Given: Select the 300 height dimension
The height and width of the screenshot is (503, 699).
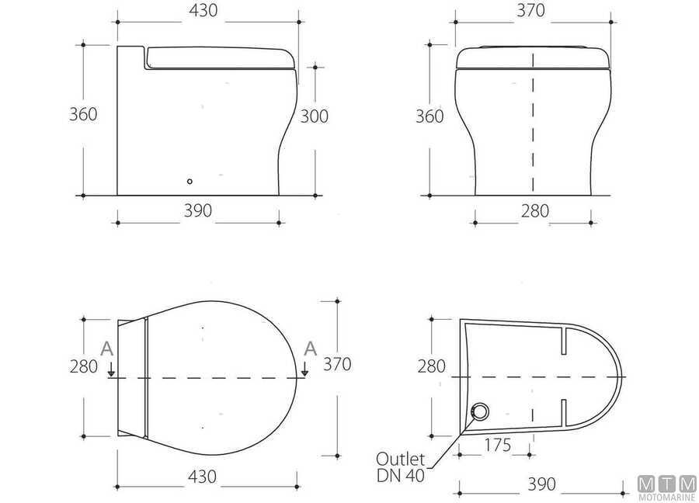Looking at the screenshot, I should [314, 116].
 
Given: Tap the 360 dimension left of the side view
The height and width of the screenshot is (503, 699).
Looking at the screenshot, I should [83, 114].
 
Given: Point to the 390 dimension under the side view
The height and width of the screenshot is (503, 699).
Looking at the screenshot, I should [196, 210].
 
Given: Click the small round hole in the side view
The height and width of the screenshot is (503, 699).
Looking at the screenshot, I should [190, 182].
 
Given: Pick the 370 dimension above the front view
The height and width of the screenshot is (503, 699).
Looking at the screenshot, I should [530, 11].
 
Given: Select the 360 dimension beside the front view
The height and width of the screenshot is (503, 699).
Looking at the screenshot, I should [429, 116].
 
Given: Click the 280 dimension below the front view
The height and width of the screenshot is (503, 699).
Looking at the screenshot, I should [534, 210].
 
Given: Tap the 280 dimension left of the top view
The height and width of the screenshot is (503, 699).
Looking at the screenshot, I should [83, 365].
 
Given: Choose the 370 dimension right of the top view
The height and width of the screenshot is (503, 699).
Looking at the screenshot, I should [337, 363].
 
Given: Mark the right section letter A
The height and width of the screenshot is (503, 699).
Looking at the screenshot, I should [310, 349].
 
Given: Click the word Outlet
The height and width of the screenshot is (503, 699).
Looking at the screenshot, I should [401, 457].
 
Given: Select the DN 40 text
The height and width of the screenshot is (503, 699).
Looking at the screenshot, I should [401, 475].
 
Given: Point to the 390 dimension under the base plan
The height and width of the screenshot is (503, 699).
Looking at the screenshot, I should [541, 484].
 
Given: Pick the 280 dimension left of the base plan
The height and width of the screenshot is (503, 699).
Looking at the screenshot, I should [431, 365].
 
